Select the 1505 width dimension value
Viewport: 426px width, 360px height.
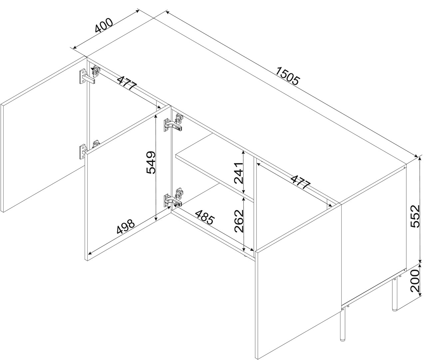click(x=288, y=76)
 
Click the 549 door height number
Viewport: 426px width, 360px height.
click(x=151, y=162)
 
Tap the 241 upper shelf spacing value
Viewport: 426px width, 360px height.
click(x=238, y=173)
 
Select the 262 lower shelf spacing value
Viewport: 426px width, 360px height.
click(x=239, y=221)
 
